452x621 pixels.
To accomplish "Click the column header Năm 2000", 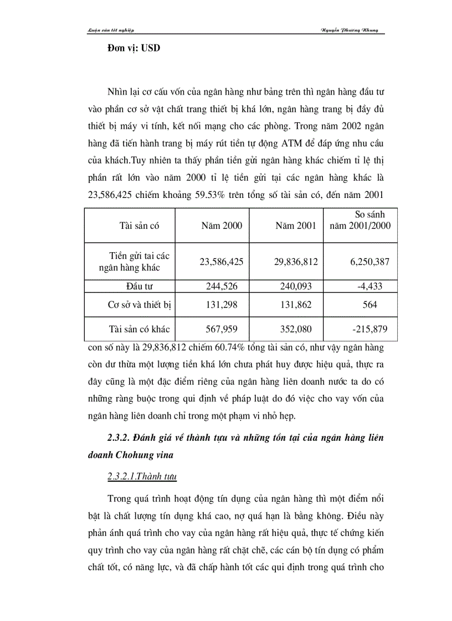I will pyautogui.click(x=222, y=226).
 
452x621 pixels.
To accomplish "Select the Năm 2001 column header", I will pyautogui.click(x=296, y=226).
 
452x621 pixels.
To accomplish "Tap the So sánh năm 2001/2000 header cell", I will pyautogui.click(x=361, y=220).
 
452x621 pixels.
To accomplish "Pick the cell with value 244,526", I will pyautogui.click(x=222, y=286).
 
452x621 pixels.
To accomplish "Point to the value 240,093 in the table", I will pyautogui.click(x=296, y=286).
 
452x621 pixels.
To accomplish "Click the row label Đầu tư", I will pyautogui.click(x=131, y=286).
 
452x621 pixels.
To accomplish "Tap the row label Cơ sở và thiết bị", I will pyautogui.click(x=130, y=305).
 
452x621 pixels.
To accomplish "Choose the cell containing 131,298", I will pyautogui.click(x=222, y=305).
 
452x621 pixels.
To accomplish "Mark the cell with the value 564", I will pyautogui.click(x=370, y=305).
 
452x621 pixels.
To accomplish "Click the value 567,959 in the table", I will pyautogui.click(x=222, y=329).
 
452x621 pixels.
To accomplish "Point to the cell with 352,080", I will pyautogui.click(x=296, y=329).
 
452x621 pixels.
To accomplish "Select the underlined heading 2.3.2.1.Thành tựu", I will pyautogui.click(x=142, y=476).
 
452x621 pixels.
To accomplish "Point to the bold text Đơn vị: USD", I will pyautogui.click(x=133, y=48).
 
